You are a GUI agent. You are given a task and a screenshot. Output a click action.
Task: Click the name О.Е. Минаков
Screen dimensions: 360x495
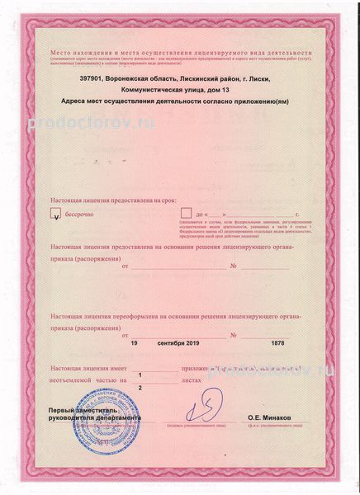[270, 420]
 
